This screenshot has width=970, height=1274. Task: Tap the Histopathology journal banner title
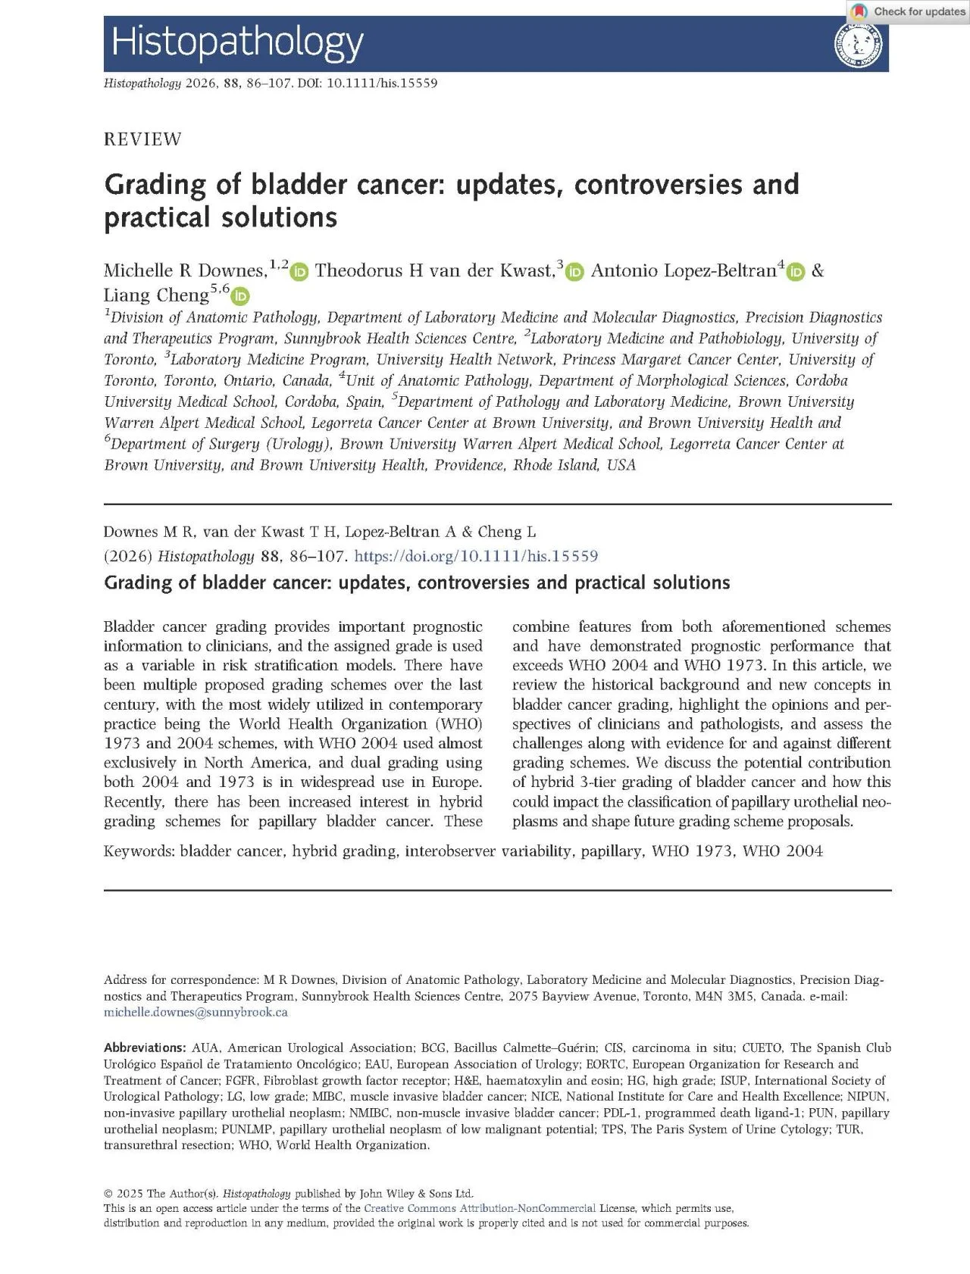pos(237,42)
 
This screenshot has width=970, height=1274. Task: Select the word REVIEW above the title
pos(142,139)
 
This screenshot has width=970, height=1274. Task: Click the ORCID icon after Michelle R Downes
pos(299,272)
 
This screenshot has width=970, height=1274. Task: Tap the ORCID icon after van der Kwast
pos(574,272)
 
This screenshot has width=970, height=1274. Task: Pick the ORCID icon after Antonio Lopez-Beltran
pos(795,272)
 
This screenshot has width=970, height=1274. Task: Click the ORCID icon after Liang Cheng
pos(240,296)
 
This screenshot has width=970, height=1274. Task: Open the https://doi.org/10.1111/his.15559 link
pos(476,557)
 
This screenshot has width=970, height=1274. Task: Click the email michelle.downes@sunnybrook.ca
pos(196,1012)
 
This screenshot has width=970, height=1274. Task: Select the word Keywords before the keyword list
pos(138,851)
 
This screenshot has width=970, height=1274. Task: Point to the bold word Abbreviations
pos(144,1048)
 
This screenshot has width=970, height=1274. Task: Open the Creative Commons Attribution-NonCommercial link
pos(479,1208)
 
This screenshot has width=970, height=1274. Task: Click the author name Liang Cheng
pos(156,295)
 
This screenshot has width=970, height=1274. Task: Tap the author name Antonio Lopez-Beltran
pos(684,271)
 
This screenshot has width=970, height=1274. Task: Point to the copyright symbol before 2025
pos(108,1194)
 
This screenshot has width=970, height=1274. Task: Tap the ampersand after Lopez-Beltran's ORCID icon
pos(817,271)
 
